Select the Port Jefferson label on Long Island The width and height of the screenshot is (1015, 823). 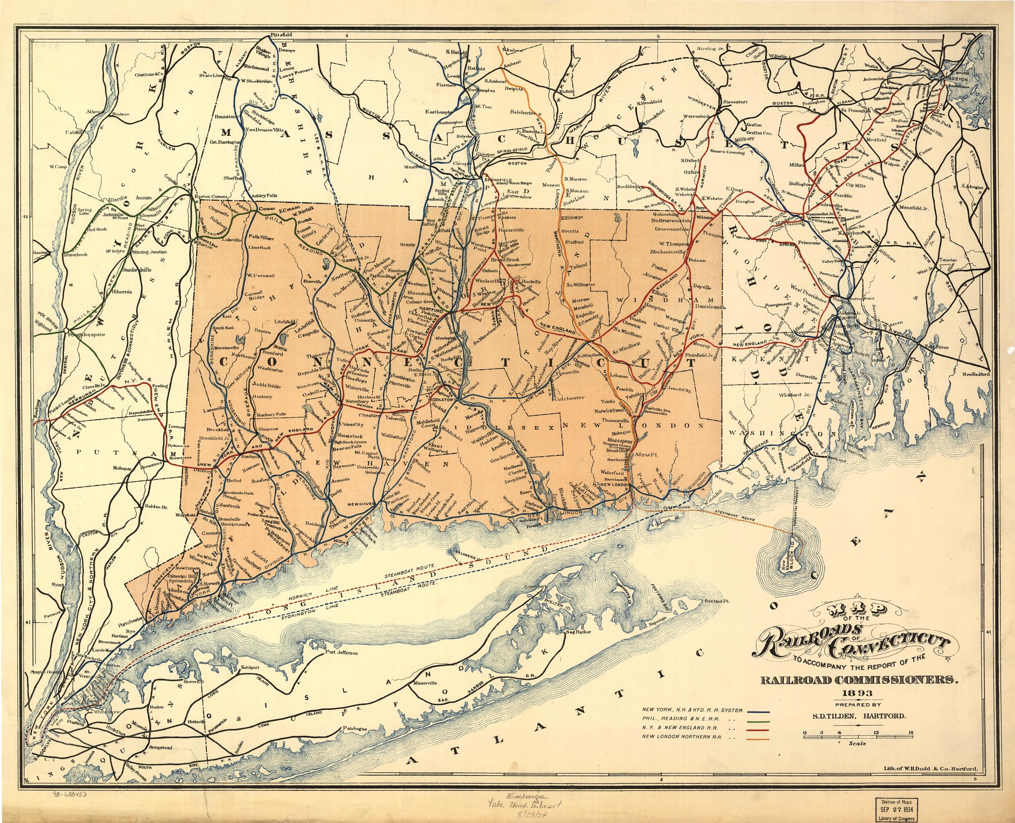[x=341, y=653]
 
